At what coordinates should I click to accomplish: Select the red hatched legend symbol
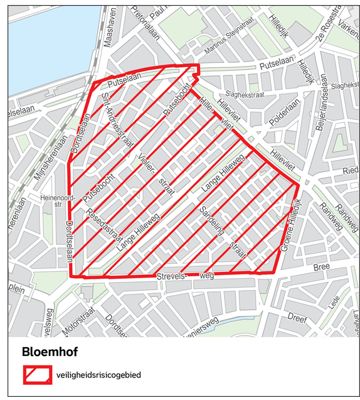click(x=38, y=374)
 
